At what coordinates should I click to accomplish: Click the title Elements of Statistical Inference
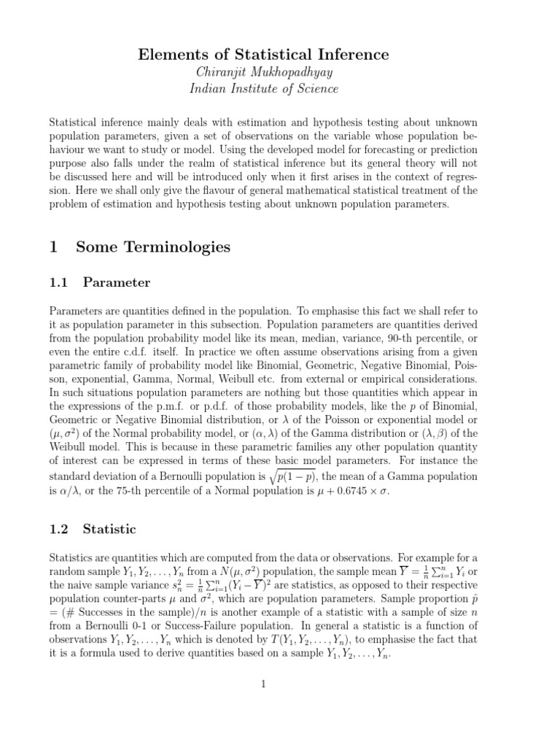pyautogui.click(x=279, y=55)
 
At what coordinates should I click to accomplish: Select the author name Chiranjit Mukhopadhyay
pyautogui.click(x=279, y=72)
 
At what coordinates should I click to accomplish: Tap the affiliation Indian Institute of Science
pyautogui.click(x=279, y=89)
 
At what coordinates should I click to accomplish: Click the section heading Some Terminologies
pyautogui.click(x=153, y=247)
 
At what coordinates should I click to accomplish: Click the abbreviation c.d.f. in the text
pyautogui.click(x=128, y=351)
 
